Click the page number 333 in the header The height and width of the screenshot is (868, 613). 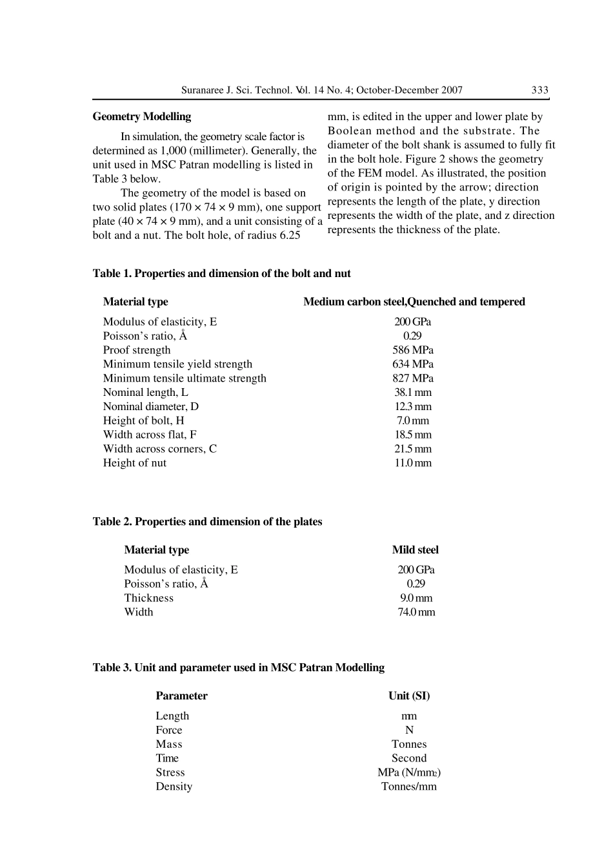pos(539,90)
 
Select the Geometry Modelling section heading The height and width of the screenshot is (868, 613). pos(142,117)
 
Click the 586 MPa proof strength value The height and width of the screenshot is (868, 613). pos(413,350)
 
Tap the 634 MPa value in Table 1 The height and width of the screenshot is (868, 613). pos(413,364)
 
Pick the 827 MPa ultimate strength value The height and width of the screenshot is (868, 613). pos(413,378)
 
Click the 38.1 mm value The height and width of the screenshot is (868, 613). pos(413,393)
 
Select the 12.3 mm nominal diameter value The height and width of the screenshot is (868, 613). pos(413,407)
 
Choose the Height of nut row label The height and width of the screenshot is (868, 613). pos(135,463)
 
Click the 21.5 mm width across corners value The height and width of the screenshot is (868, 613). pos(413,449)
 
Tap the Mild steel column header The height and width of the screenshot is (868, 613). pos(415,550)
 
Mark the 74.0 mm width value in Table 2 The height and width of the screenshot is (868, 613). pos(416,612)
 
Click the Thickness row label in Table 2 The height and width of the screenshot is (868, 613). pos(149,598)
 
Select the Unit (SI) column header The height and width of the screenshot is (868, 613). pos(409,696)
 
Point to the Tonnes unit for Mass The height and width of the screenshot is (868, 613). pos(409,744)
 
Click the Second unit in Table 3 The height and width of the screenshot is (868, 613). pos(409,758)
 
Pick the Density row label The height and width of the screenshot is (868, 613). pos(174,787)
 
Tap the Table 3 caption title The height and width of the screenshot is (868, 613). pos(239,668)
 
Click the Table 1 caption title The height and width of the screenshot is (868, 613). pos(222,274)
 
